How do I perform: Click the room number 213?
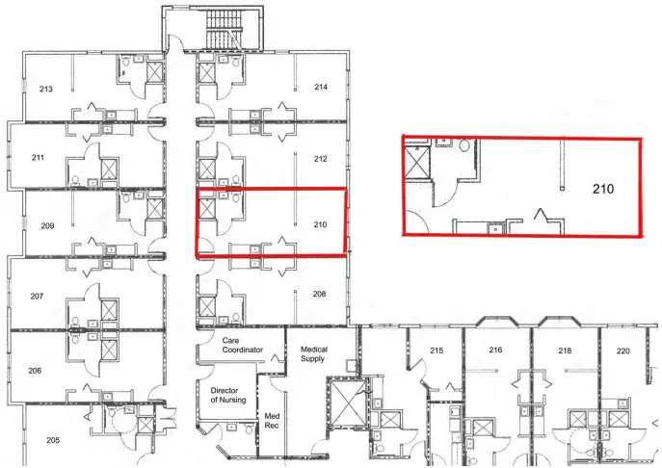[45, 89]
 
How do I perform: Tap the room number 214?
[321, 87]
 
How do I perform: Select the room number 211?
[38, 157]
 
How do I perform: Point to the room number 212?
[321, 158]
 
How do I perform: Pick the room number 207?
[37, 296]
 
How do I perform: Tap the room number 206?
[37, 370]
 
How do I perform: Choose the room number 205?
[52, 439]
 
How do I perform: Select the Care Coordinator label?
[243, 345]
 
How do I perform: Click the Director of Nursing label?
[228, 395]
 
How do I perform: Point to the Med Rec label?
[272, 421]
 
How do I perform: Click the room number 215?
[437, 350]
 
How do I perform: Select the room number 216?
[496, 350]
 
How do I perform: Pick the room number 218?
[565, 351]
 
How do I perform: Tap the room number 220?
[622, 351]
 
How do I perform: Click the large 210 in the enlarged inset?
[603, 190]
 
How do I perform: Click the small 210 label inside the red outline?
[321, 225]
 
